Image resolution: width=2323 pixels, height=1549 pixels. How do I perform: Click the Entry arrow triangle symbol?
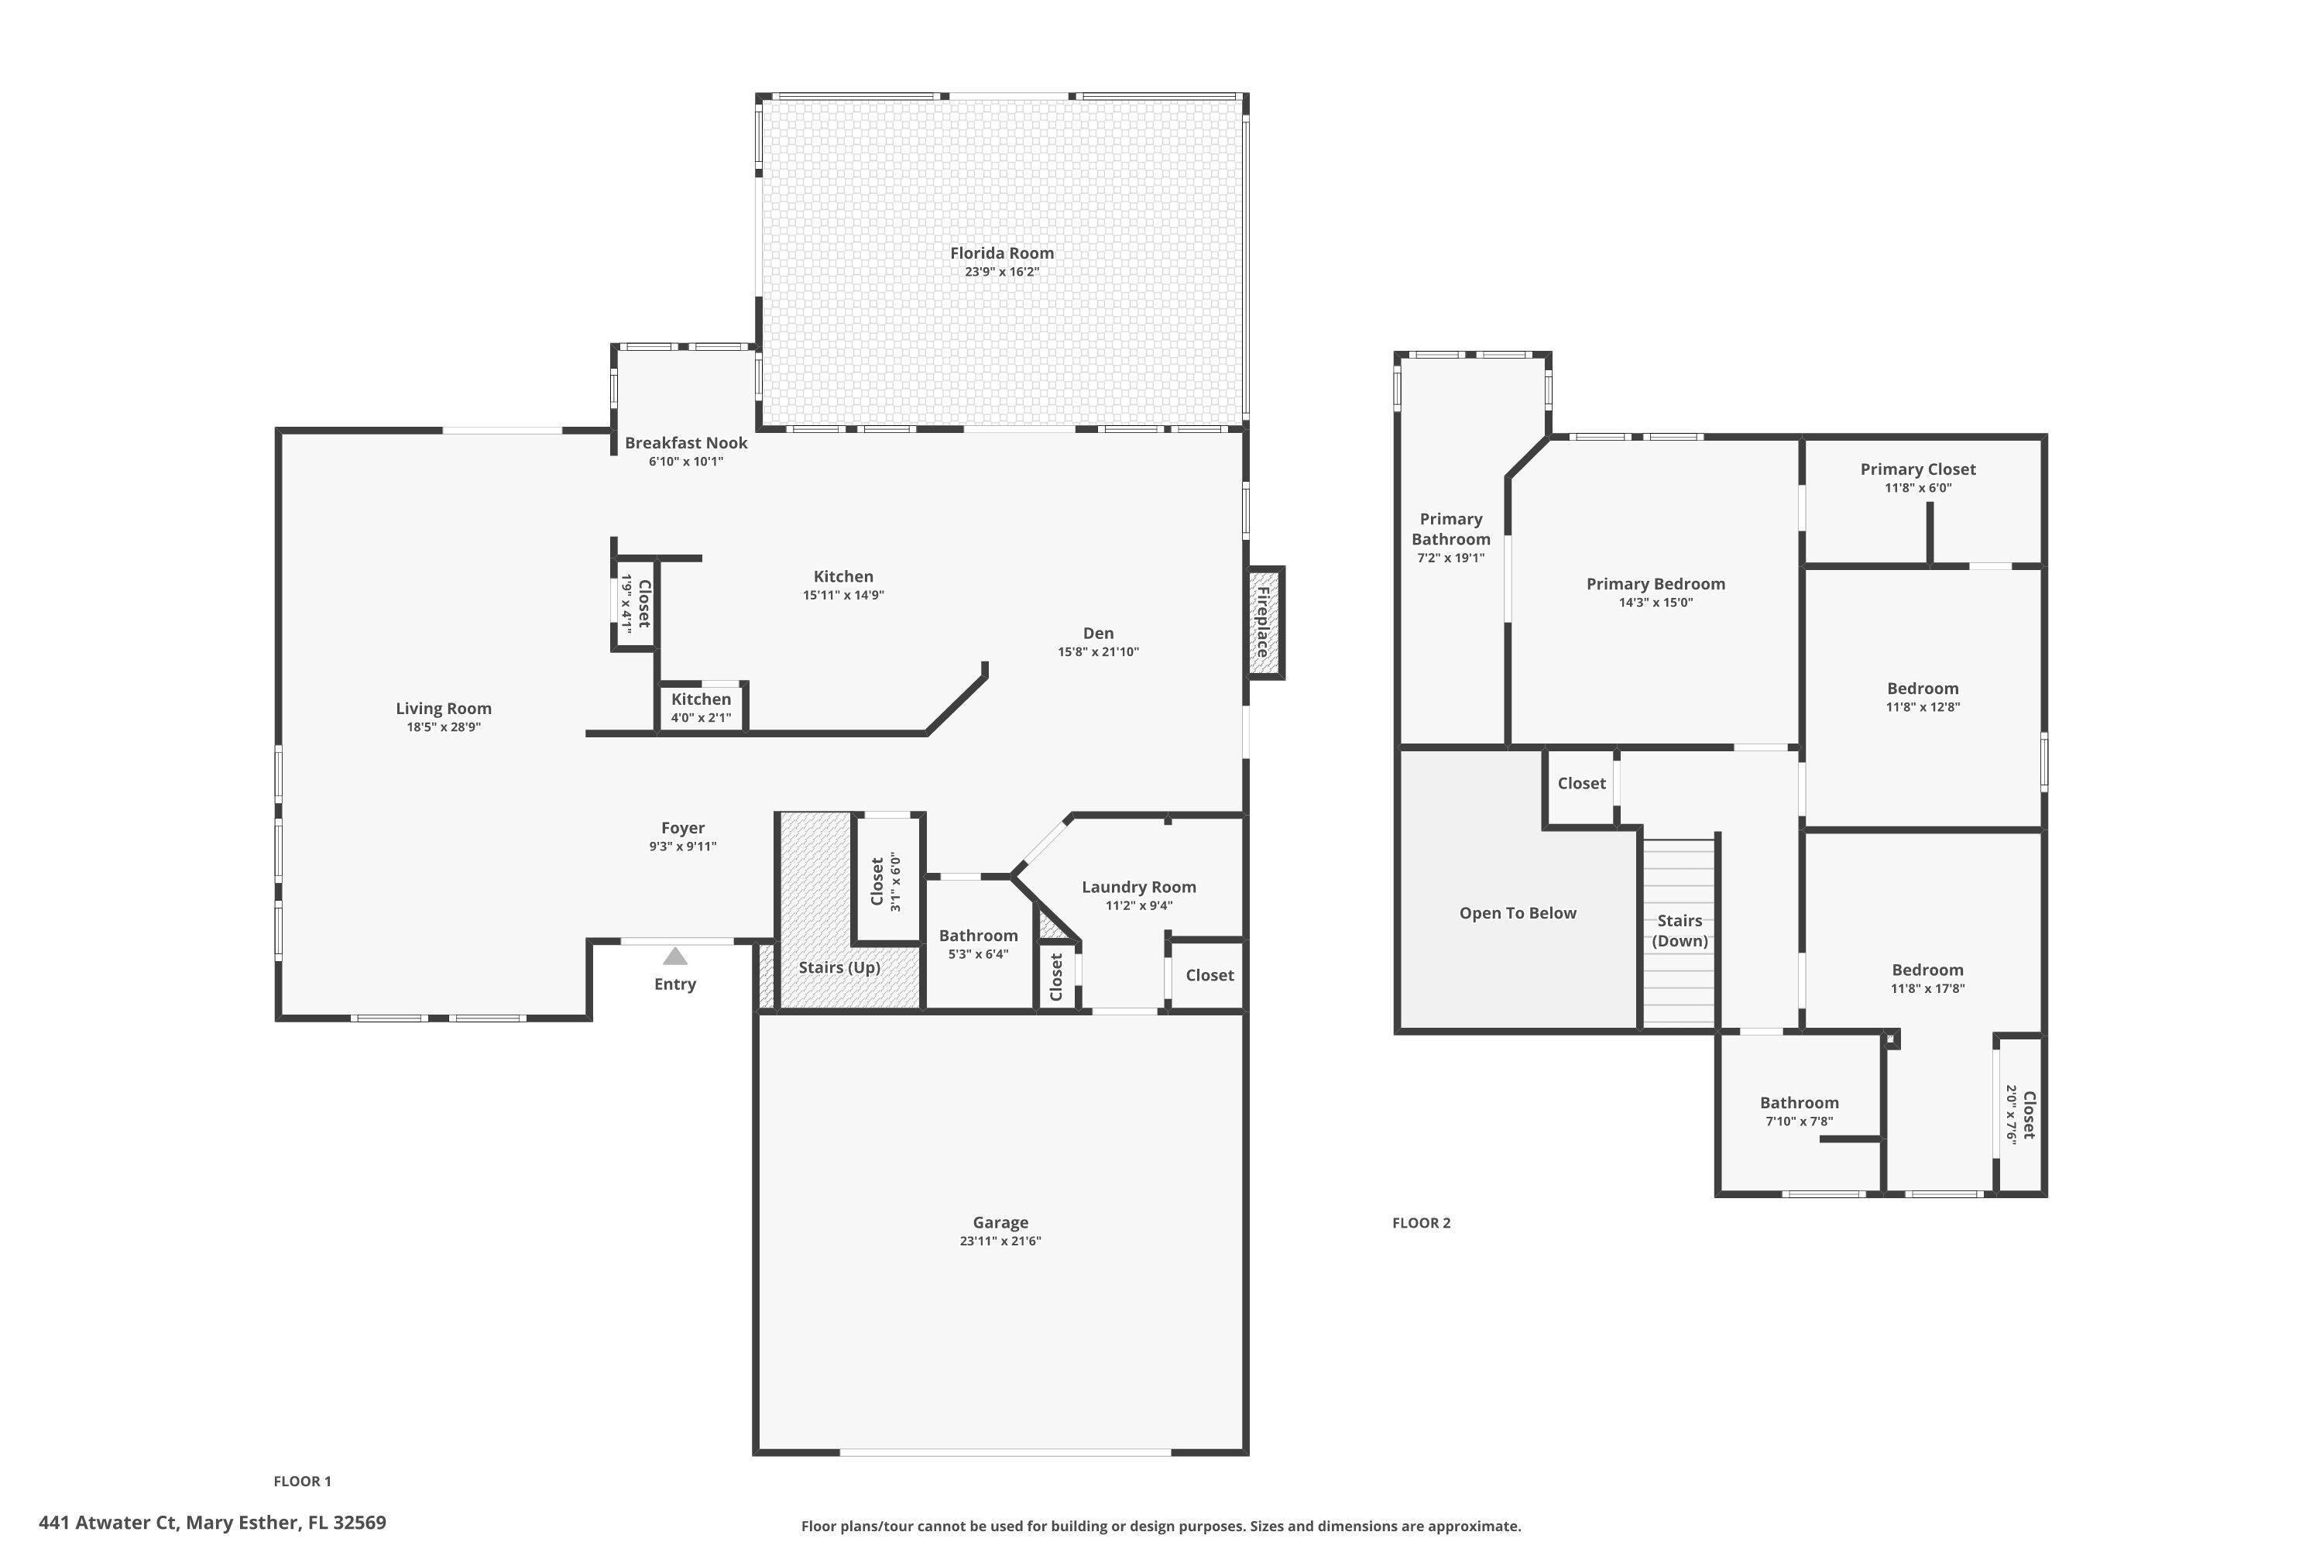[x=674, y=957]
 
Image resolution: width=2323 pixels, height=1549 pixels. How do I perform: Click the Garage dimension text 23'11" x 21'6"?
[x=1000, y=1242]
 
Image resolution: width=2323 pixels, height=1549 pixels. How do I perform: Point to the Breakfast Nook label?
[x=685, y=442]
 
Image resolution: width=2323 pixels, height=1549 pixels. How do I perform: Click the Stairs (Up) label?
[x=839, y=967]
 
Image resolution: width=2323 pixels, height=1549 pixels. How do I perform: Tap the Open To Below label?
[x=1517, y=913]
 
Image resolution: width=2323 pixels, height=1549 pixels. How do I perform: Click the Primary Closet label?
[x=1917, y=469]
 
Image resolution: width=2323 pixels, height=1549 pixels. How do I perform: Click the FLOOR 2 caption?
[x=1420, y=1223]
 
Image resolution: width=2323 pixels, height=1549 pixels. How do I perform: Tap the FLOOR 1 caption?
[x=302, y=1481]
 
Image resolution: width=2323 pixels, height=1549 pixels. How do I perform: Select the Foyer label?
[x=682, y=828]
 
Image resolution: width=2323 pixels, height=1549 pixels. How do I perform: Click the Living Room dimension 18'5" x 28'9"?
[x=444, y=727]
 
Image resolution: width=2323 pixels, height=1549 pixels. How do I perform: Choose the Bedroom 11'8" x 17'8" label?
[x=1927, y=970]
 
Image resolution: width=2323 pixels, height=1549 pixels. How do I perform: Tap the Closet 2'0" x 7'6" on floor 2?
[x=2019, y=1115]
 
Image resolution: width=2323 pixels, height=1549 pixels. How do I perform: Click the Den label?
[x=1097, y=634]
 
